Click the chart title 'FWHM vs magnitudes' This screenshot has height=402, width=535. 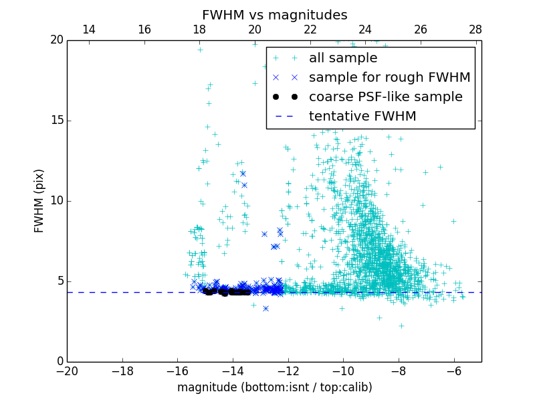[x=274, y=15]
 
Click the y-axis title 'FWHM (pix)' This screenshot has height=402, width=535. [x=39, y=201]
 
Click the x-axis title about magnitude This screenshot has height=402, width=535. [x=274, y=387]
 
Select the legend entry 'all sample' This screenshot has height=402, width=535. [x=343, y=58]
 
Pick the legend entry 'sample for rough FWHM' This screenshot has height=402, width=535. [x=389, y=78]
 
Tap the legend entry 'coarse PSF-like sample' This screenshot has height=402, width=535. [x=385, y=97]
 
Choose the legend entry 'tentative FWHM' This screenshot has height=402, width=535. [x=362, y=117]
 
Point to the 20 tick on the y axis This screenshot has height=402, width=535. [x=56, y=40]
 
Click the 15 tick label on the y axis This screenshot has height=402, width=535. [x=56, y=121]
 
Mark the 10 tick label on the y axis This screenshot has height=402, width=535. [x=56, y=201]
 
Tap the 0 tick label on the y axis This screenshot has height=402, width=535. [x=59, y=362]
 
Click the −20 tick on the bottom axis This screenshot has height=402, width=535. [x=67, y=371]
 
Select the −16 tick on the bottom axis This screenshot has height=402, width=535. [x=177, y=371]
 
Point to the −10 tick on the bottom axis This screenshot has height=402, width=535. [x=343, y=371]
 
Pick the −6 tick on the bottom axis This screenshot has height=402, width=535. [x=454, y=371]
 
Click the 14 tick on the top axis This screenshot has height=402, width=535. [x=88, y=29]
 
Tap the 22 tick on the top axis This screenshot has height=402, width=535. [x=310, y=29]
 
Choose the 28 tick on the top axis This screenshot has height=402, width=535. [x=475, y=29]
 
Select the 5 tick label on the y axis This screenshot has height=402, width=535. [x=59, y=281]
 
